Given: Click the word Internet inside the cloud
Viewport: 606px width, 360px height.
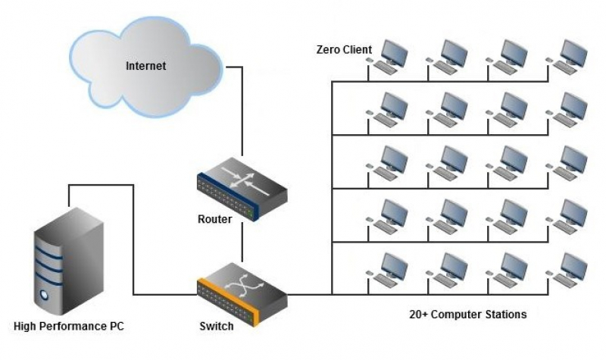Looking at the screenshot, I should point(145,66).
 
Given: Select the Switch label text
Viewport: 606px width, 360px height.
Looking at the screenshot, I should point(216,327).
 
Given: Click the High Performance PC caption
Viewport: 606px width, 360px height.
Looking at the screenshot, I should point(69,327).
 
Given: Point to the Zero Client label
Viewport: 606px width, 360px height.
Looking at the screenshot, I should point(344,50).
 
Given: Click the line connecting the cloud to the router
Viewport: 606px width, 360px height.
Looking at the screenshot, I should point(242,114).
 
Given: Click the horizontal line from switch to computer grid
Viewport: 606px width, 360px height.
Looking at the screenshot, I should point(311,294).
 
